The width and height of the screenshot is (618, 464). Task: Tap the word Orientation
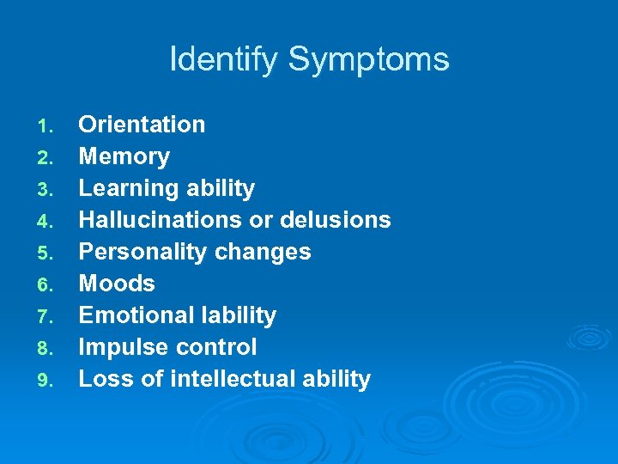tap(142, 125)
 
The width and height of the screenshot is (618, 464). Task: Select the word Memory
tap(124, 156)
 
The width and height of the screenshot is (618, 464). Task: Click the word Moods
tap(117, 284)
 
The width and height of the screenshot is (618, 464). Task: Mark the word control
tap(221, 347)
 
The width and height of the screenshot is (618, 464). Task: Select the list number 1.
tap(45, 127)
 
